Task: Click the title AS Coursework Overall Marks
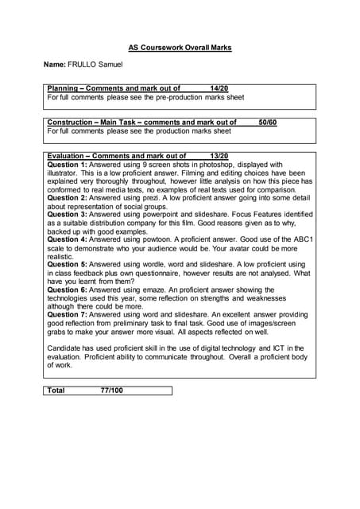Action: (x=180, y=48)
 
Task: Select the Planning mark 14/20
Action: (x=219, y=88)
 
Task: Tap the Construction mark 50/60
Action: (x=267, y=122)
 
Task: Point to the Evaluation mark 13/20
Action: (x=219, y=156)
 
